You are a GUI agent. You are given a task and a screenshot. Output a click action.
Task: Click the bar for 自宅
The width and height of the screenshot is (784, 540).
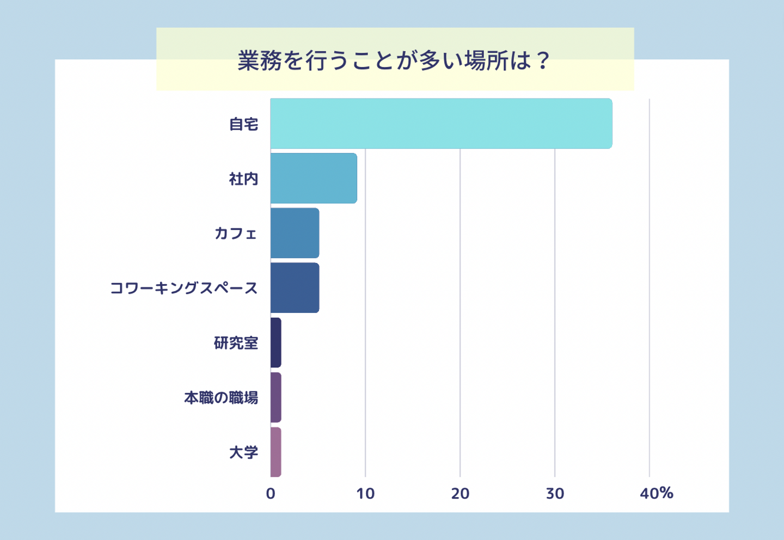(441, 124)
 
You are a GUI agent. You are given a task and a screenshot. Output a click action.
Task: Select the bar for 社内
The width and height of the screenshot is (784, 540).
(314, 179)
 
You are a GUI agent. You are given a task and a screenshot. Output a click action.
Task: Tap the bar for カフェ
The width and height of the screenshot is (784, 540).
(295, 233)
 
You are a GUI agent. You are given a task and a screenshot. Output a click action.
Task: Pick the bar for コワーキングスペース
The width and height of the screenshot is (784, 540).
(295, 288)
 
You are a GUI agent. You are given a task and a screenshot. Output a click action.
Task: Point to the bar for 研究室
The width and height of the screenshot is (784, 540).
(276, 343)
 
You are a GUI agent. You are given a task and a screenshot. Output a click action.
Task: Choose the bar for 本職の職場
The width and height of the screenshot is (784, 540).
(276, 397)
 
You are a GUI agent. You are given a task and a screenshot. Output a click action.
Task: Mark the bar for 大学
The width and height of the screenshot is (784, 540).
(276, 452)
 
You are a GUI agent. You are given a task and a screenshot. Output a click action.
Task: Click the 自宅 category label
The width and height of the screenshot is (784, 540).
(243, 125)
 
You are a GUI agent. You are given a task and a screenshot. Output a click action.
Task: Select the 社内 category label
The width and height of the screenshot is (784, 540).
(243, 179)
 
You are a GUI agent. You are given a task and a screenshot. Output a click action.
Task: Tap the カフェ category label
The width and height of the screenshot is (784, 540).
(236, 234)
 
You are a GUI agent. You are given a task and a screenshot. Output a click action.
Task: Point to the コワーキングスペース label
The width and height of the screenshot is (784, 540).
(184, 289)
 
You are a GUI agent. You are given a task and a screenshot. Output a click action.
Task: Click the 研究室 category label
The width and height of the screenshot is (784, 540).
(236, 343)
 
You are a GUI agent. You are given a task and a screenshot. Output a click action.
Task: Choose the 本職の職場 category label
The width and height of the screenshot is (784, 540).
(221, 398)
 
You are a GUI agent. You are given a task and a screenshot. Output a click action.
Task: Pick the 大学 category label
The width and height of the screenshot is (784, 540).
(243, 452)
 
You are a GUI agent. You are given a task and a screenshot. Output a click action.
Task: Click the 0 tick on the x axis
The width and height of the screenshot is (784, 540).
(271, 494)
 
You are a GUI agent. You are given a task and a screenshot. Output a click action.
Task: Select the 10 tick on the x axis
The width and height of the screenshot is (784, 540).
(365, 494)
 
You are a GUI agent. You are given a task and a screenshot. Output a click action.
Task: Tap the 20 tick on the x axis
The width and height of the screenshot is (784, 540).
(460, 494)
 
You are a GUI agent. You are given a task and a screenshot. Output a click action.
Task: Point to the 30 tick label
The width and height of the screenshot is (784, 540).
(555, 494)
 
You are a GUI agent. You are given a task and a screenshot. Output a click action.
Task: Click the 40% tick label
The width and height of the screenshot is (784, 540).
(657, 494)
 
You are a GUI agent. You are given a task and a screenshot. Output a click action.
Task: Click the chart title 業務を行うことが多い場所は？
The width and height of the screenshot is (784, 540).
(395, 60)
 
